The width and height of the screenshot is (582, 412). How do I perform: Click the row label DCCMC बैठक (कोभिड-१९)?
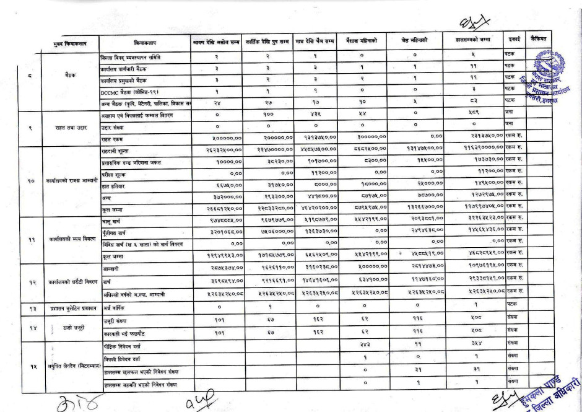point(126,90)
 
